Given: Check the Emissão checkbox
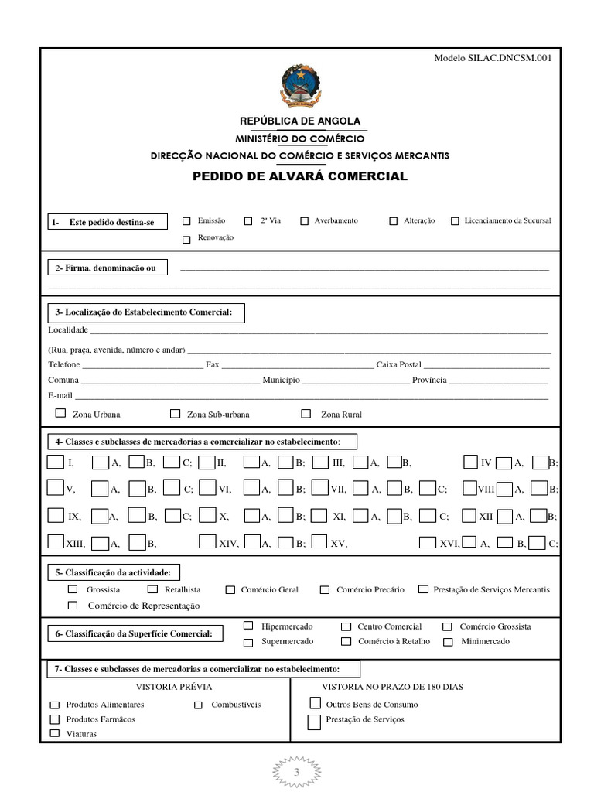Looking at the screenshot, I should tap(186, 220).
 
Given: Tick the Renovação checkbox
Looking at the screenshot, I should tap(186, 239).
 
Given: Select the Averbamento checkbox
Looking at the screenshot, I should tap(304, 221).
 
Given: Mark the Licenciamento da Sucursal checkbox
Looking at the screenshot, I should tap(455, 221).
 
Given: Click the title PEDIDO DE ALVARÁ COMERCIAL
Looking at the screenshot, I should tap(299, 176).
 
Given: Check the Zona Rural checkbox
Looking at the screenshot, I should tap(306, 414).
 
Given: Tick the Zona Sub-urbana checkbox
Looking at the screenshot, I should tap(175, 414).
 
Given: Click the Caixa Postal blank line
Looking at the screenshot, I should tap(486, 364).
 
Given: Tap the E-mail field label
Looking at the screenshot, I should tap(60, 395).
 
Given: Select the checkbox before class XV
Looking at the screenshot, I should tap(319, 542).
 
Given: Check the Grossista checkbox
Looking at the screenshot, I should tap(73, 589).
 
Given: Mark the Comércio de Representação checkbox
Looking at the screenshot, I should tap(73, 605).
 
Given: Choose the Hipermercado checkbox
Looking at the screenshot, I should tap(248, 625).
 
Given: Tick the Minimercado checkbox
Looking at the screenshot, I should tap(448, 642).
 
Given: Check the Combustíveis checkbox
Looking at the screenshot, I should tap(198, 705).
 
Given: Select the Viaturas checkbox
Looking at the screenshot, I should tap(54, 732).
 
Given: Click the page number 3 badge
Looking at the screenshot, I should tap(296, 772).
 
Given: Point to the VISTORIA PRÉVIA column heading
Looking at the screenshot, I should tap(174, 686).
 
